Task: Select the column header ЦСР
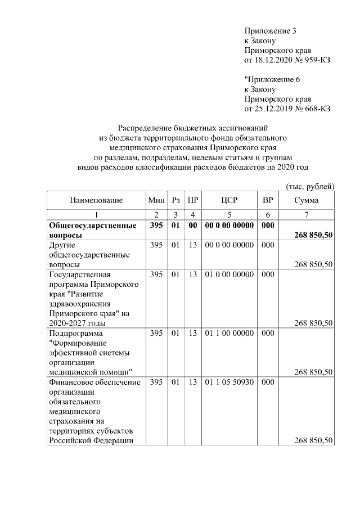[229, 200]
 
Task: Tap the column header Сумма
[307, 200]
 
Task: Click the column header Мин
[156, 200]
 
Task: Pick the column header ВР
[268, 200]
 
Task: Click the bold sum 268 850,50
[313, 235]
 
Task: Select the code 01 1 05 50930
[229, 382]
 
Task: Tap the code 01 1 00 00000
[229, 334]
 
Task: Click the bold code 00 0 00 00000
[229, 226]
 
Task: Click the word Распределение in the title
[141, 128]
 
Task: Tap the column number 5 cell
[229, 214]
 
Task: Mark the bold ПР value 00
[193, 226]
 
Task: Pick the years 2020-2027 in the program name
[68, 323]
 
